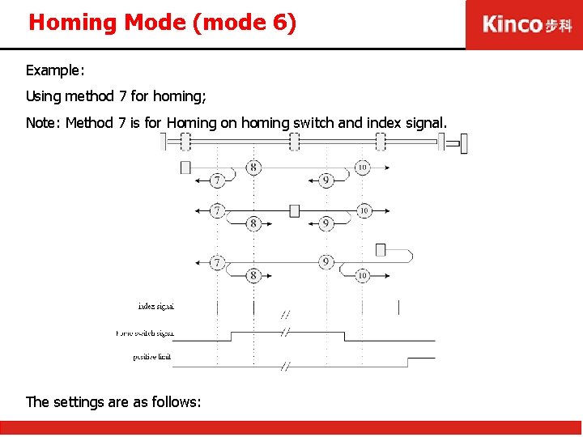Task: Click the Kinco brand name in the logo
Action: pyautogui.click(x=512, y=24)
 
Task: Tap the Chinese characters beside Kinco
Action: pyautogui.click(x=558, y=25)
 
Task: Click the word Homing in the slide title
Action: pyautogui.click(x=74, y=23)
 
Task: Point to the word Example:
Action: pyautogui.click(x=55, y=71)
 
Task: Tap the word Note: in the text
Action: pyautogui.click(x=44, y=123)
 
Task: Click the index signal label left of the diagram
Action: pyautogui.click(x=155, y=307)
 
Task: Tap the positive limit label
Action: pyautogui.click(x=151, y=357)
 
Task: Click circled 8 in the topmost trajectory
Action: pyautogui.click(x=253, y=168)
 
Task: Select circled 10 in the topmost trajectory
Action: pyautogui.click(x=362, y=168)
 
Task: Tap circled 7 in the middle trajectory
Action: pyautogui.click(x=217, y=210)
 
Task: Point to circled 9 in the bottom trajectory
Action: pyautogui.click(x=326, y=261)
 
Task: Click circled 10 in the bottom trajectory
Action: pyautogui.click(x=362, y=275)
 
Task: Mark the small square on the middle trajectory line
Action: pyautogui.click(x=294, y=210)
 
